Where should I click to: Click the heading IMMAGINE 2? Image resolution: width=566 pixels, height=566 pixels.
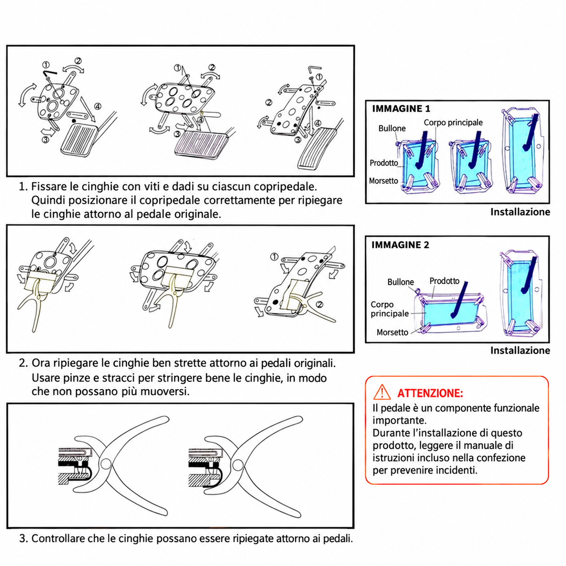(x=400, y=245)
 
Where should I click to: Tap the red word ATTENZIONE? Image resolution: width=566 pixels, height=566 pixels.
(x=430, y=393)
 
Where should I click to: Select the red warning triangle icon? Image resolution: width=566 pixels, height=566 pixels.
(x=382, y=392)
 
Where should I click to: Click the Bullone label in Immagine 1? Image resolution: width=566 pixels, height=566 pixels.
(x=392, y=128)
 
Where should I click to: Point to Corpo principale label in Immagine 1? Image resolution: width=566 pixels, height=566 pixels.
(x=453, y=123)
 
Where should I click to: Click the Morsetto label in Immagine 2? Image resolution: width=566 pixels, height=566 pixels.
(x=392, y=332)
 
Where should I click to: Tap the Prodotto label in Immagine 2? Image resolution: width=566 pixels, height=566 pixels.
(x=444, y=281)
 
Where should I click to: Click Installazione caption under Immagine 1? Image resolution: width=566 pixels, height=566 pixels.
(x=520, y=212)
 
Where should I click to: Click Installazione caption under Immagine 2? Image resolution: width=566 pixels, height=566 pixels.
(x=520, y=350)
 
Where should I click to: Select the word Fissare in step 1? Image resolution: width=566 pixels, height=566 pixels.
(x=48, y=186)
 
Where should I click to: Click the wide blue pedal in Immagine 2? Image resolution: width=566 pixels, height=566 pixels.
(x=451, y=313)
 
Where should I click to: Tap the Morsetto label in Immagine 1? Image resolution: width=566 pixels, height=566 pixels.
(x=383, y=181)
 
